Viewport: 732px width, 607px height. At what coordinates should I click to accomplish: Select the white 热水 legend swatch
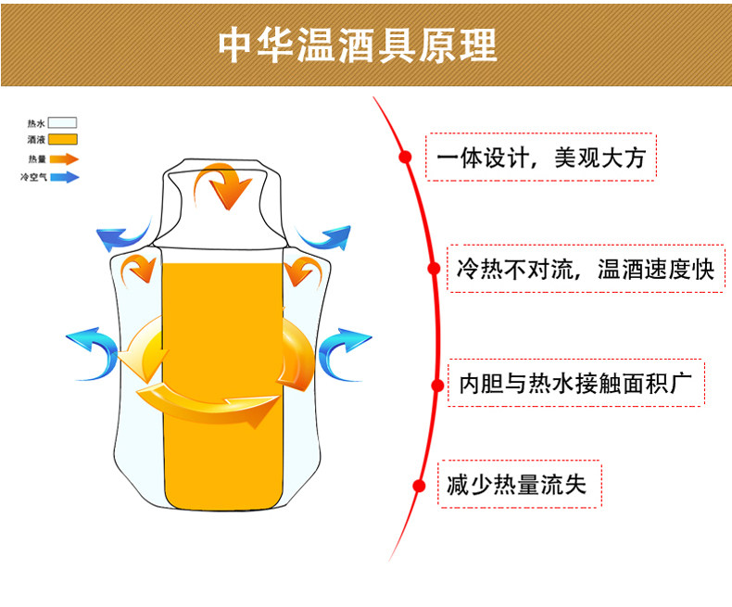pyautogui.click(x=62, y=122)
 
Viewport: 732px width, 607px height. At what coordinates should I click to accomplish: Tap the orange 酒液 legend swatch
pyautogui.click(x=62, y=140)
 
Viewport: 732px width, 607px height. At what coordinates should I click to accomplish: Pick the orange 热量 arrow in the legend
pyautogui.click(x=64, y=158)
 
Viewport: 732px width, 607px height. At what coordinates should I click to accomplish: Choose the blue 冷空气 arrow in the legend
pyautogui.click(x=64, y=176)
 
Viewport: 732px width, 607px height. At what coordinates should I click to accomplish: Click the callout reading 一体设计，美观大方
pyautogui.click(x=540, y=158)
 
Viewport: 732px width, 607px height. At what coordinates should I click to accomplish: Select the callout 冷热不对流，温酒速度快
pyautogui.click(x=585, y=270)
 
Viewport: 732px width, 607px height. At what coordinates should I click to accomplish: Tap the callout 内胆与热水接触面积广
pyautogui.click(x=575, y=383)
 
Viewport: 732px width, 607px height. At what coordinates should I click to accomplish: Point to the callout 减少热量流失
pyautogui.click(x=519, y=485)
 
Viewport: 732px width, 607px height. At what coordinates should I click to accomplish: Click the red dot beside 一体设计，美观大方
pyautogui.click(x=405, y=158)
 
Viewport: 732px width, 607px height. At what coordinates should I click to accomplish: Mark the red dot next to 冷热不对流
pyautogui.click(x=433, y=270)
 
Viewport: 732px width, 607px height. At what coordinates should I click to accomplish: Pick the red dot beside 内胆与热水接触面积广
pyautogui.click(x=435, y=383)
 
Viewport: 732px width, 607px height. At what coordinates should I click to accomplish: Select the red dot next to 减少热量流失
pyautogui.click(x=419, y=485)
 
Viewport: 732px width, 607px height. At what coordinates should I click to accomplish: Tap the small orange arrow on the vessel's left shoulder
pyautogui.click(x=141, y=268)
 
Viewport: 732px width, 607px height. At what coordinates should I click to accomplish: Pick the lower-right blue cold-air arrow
pyautogui.click(x=344, y=349)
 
